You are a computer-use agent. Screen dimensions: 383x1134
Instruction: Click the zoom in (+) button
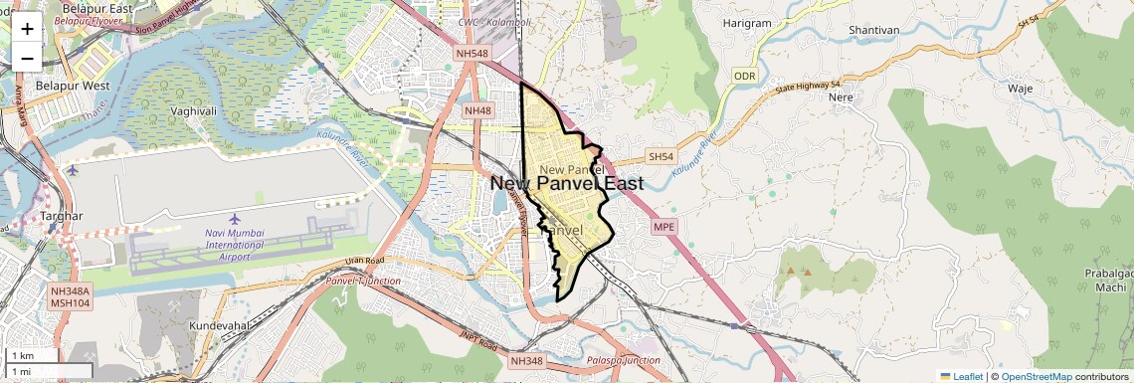27,29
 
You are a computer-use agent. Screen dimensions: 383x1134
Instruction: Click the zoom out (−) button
27,58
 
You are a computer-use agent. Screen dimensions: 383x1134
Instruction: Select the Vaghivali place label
194,111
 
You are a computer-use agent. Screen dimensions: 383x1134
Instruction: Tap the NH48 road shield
477,110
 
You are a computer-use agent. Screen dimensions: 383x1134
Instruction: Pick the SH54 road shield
661,157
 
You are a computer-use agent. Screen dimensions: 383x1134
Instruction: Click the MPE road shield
663,227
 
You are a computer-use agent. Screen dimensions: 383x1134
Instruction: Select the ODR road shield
745,76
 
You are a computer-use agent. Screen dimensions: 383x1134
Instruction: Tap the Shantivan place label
874,30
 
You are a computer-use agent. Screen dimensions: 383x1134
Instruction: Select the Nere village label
842,98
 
